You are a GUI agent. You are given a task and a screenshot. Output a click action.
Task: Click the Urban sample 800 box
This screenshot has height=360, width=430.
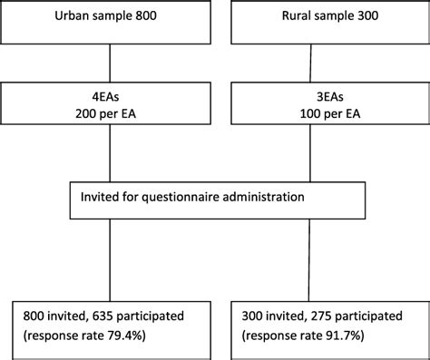109,20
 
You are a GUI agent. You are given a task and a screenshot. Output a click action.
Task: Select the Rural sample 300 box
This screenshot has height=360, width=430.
321,20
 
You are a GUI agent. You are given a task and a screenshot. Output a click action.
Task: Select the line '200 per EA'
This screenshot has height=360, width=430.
110,117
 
